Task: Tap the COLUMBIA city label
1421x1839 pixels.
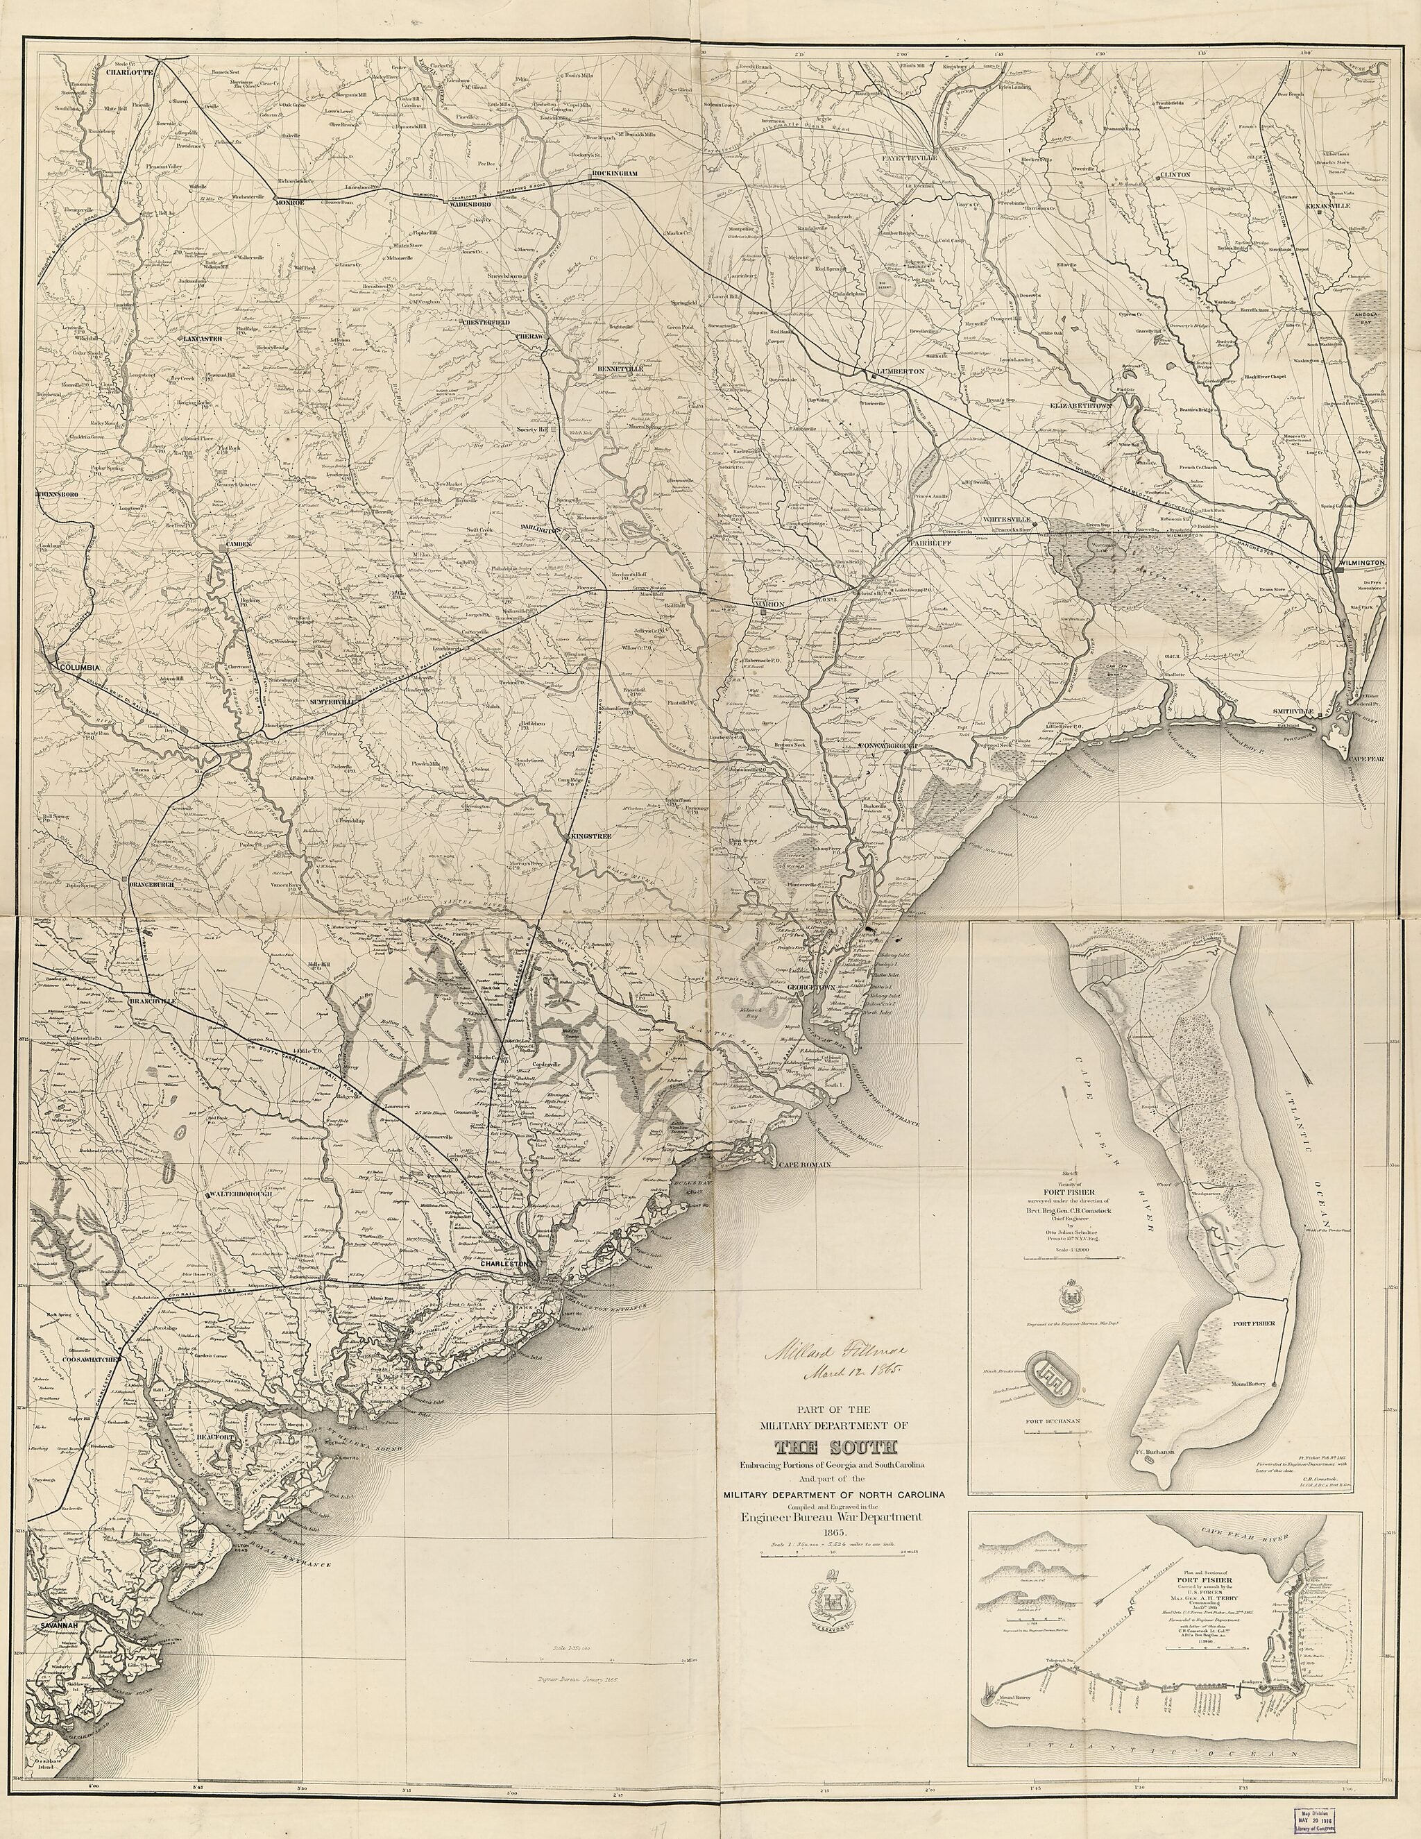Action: click(x=78, y=667)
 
